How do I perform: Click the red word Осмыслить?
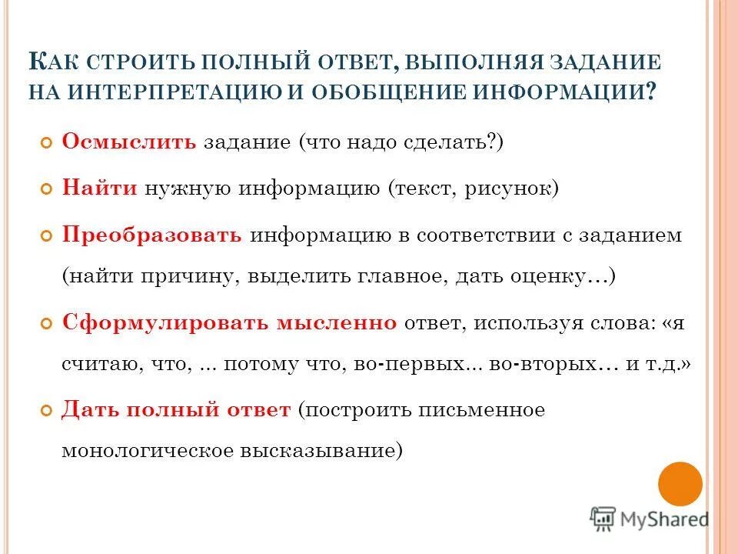click(x=129, y=143)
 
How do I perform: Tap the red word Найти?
click(x=99, y=189)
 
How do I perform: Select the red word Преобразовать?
click(x=151, y=235)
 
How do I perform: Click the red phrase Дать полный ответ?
click(x=176, y=409)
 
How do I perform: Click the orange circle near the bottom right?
click(x=680, y=484)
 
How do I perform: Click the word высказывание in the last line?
click(x=323, y=451)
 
